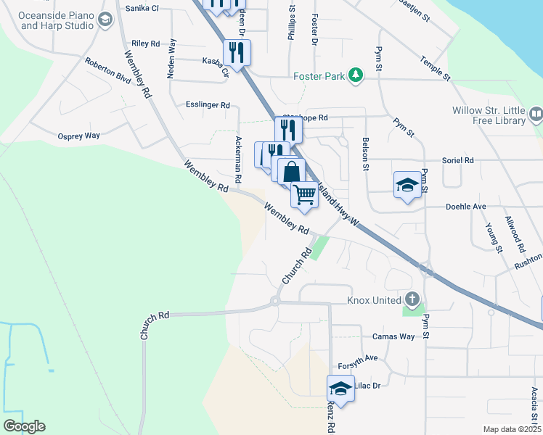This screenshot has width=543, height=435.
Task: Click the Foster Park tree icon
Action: click(355, 75)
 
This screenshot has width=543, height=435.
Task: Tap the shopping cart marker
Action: click(305, 194)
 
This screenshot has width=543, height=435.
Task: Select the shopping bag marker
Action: click(291, 172)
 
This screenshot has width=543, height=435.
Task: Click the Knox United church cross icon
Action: click(412, 299)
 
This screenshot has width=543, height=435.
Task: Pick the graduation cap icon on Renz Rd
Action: click(341, 388)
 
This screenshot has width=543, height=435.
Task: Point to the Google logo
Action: click(24, 426)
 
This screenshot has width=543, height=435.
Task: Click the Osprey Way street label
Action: click(78, 136)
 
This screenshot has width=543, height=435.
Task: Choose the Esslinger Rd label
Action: click(208, 104)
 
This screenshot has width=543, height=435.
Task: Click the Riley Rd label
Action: click(146, 43)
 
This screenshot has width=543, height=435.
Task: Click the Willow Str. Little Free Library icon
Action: click(536, 114)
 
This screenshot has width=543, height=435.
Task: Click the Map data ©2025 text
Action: click(511, 429)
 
